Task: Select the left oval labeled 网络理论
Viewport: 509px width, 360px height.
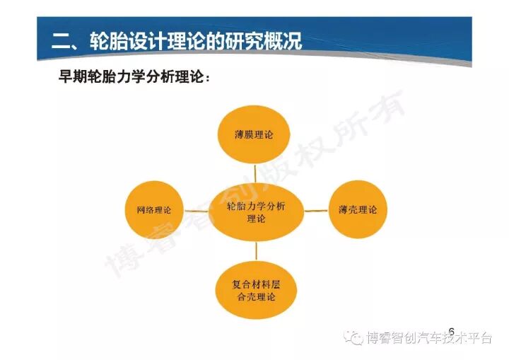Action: pos(153,210)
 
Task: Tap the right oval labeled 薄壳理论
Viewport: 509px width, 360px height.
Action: pos(358,209)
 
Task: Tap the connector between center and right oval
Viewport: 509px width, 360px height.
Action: pos(316,210)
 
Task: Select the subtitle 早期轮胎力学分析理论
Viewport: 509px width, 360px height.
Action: pos(131,76)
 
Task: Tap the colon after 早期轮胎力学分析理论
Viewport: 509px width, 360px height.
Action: pos(206,78)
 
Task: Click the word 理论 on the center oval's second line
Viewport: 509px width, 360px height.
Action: pos(256,219)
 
